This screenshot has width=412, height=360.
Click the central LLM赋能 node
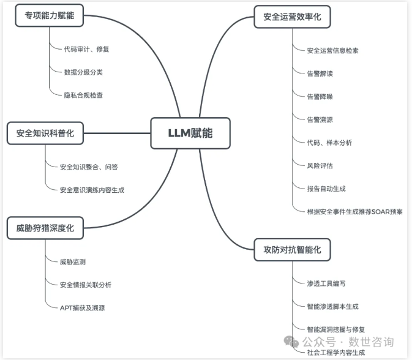tap(190, 133)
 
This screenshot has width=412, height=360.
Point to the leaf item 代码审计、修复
tap(86, 49)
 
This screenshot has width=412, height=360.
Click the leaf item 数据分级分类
tap(83, 72)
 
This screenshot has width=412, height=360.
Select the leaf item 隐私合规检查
tap(83, 96)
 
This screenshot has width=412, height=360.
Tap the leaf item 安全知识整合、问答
tap(89, 167)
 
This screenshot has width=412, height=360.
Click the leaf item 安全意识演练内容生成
tap(92, 190)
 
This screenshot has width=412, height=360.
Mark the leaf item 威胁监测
tap(73, 262)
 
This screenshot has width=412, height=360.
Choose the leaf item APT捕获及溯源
tap(82, 308)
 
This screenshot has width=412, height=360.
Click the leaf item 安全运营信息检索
tap(332, 50)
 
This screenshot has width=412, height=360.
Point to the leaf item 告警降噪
tap(320, 97)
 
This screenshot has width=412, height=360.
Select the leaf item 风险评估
tap(320, 165)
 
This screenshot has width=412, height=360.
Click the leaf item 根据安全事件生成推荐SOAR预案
tap(354, 212)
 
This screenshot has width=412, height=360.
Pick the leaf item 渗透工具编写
tap(326, 283)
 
